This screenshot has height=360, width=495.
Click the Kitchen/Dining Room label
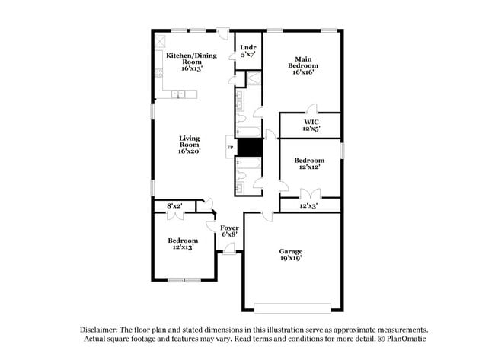(x=190, y=61)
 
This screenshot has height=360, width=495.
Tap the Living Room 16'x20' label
(x=189, y=145)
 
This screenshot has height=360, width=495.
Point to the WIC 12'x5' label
(x=310, y=125)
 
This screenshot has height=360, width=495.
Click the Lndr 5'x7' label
(x=247, y=52)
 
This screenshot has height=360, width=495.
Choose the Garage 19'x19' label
(x=290, y=254)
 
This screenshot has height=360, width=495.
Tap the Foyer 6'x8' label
(x=229, y=231)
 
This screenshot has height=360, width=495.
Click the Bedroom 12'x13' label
(x=183, y=244)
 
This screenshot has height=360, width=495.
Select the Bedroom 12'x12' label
(x=309, y=164)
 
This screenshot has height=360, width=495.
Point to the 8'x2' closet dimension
(x=174, y=205)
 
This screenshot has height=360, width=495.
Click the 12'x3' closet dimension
(x=308, y=205)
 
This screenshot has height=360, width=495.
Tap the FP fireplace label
(x=230, y=147)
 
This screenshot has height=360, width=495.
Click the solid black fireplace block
(x=249, y=147)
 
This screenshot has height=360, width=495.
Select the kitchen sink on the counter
(x=177, y=94)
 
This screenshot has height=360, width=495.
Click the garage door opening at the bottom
(x=292, y=308)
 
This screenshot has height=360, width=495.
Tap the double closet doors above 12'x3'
(x=308, y=193)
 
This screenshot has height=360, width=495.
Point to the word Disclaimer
(x=103, y=329)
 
